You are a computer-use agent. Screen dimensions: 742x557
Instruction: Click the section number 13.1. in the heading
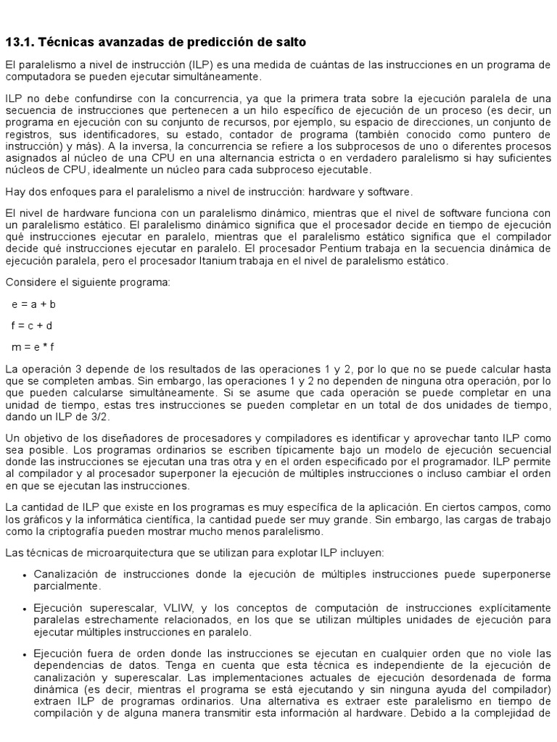click(21, 43)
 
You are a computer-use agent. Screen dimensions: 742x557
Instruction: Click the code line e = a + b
click(33, 304)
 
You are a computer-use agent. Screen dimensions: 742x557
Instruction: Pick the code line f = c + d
click(32, 325)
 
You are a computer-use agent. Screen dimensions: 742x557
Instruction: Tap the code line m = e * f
click(33, 347)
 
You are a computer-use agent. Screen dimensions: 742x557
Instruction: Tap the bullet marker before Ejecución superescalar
click(25, 607)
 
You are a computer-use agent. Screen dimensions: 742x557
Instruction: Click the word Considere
click(28, 282)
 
